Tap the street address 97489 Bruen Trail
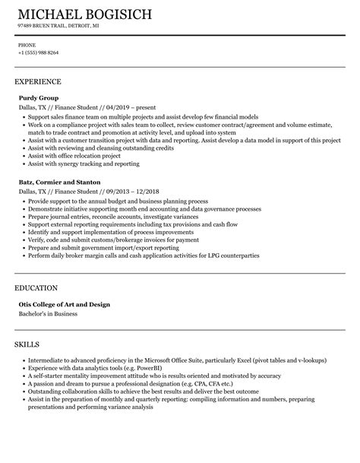point(44,26)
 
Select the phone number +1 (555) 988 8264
point(38,52)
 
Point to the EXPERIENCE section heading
point(38,81)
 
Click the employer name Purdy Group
point(39,97)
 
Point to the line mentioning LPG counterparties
point(144,255)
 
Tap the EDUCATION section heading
point(36,288)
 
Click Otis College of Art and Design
point(65,304)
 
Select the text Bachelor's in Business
point(49,313)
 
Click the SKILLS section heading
point(29,344)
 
